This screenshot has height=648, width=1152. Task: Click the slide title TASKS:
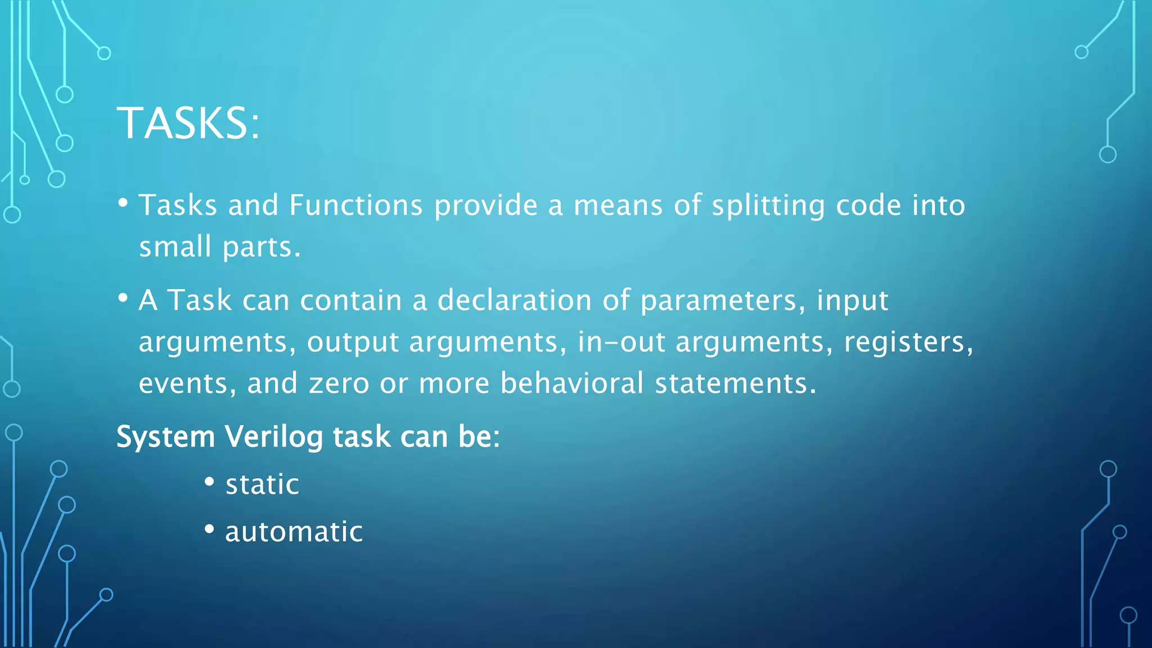tap(188, 123)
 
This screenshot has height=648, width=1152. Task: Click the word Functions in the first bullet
tap(355, 205)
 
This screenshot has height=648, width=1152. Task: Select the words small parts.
tap(219, 247)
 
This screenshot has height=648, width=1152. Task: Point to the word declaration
tap(514, 300)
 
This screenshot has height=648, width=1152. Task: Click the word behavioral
tap(571, 384)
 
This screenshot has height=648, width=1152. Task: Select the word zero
tap(339, 384)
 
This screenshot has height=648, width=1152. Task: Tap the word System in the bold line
tap(165, 437)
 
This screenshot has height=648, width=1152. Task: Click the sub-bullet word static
tap(262, 484)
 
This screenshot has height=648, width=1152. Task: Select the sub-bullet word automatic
tap(294, 532)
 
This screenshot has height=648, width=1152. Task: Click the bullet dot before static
tap(209, 482)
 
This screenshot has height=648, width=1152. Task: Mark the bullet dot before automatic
tap(209, 529)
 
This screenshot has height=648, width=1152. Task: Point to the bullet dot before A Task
tap(123, 298)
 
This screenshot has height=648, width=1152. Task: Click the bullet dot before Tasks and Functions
tap(123, 202)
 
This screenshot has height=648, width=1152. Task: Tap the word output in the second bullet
tap(353, 343)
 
